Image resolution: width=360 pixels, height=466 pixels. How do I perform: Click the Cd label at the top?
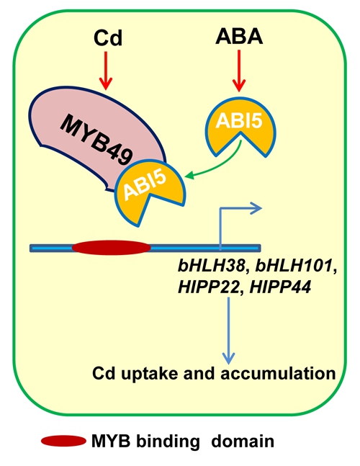coord(107,38)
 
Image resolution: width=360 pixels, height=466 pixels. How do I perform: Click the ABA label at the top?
coord(239,37)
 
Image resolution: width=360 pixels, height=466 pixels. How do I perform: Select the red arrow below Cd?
coord(106,71)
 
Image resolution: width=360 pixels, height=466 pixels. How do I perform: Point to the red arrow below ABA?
coord(239,71)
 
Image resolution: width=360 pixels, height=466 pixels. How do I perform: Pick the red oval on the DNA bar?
coord(112,248)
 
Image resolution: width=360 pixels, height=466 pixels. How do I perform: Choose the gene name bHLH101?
coord(294,266)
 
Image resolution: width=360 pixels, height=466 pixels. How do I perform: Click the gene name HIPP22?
coord(209,287)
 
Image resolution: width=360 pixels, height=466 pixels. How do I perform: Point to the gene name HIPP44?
coord(280,287)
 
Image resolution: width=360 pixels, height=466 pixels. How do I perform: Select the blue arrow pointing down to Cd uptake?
coord(229,331)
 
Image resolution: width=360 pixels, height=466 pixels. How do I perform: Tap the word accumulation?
coord(278,373)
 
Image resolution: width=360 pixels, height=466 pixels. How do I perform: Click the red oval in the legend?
coord(63,441)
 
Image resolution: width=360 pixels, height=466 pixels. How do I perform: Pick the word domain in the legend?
coord(243,441)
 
